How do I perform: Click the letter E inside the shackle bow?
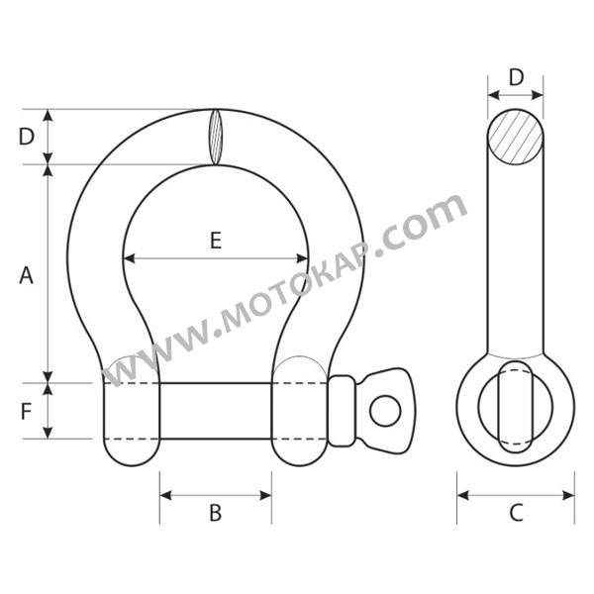click(x=216, y=241)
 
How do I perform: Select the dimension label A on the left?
click(x=26, y=275)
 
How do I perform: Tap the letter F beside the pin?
click(x=26, y=412)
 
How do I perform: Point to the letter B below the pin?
click(x=216, y=513)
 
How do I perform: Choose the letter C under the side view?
click(x=516, y=513)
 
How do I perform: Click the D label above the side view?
click(x=516, y=77)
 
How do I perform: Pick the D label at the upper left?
click(x=27, y=137)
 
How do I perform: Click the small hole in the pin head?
click(x=385, y=411)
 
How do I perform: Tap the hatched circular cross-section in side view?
click(x=516, y=137)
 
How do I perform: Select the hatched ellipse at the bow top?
click(x=216, y=137)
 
